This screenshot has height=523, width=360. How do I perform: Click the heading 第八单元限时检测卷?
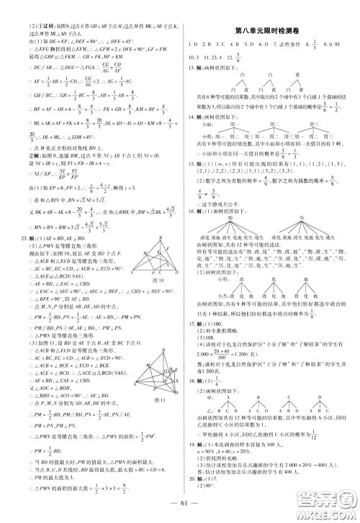click(270, 29)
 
